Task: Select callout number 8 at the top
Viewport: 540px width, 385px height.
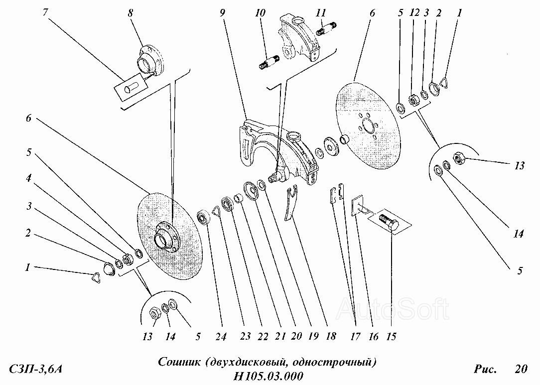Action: pos(131,14)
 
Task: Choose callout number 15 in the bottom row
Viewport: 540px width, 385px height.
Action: pos(392,337)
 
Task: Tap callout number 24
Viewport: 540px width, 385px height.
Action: pos(221,337)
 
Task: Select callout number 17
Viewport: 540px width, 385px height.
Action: pos(355,337)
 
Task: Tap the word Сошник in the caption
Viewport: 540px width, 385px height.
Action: pos(179,361)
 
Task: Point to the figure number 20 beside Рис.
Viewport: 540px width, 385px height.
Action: pos(521,370)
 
